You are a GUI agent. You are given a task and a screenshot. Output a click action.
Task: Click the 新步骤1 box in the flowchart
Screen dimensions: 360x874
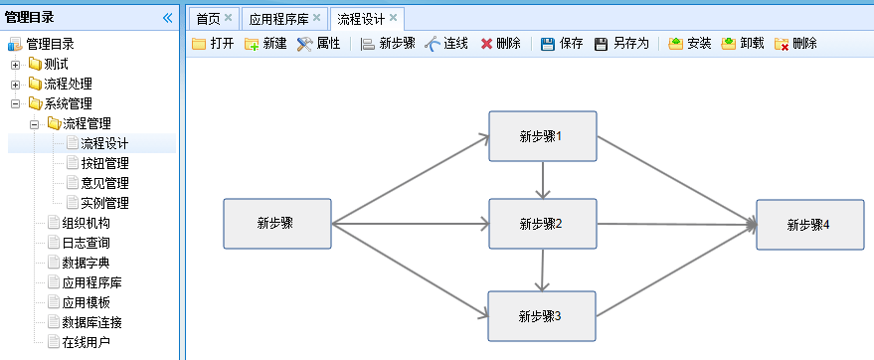pyautogui.click(x=542, y=136)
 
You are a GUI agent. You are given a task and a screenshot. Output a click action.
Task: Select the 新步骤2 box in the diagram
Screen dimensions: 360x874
pyautogui.click(x=542, y=224)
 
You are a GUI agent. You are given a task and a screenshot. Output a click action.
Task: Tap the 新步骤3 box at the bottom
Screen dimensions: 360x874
pyautogui.click(x=542, y=316)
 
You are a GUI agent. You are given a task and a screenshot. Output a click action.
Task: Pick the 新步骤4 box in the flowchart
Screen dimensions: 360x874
pyautogui.click(x=803, y=225)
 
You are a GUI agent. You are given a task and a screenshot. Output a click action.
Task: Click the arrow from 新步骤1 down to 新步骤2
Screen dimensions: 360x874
pyautogui.click(x=542, y=180)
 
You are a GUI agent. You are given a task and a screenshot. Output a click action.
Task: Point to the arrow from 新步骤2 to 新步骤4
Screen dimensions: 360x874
pyautogui.click(x=676, y=226)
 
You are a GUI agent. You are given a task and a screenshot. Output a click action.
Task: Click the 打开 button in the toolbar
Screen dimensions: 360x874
pyautogui.click(x=214, y=44)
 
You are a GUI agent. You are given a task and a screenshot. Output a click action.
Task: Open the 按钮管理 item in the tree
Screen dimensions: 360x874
pyautogui.click(x=104, y=163)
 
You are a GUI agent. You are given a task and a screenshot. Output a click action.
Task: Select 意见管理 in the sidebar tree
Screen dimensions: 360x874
pyautogui.click(x=104, y=183)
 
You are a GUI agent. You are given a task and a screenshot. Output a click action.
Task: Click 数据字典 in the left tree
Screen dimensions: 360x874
pyautogui.click(x=86, y=263)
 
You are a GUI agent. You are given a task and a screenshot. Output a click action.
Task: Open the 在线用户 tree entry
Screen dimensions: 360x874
pyautogui.click(x=86, y=342)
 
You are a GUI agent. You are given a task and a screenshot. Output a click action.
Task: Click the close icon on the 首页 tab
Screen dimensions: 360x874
pyautogui.click(x=229, y=18)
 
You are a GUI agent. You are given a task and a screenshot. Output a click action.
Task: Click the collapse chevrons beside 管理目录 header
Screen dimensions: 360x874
pyautogui.click(x=167, y=17)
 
